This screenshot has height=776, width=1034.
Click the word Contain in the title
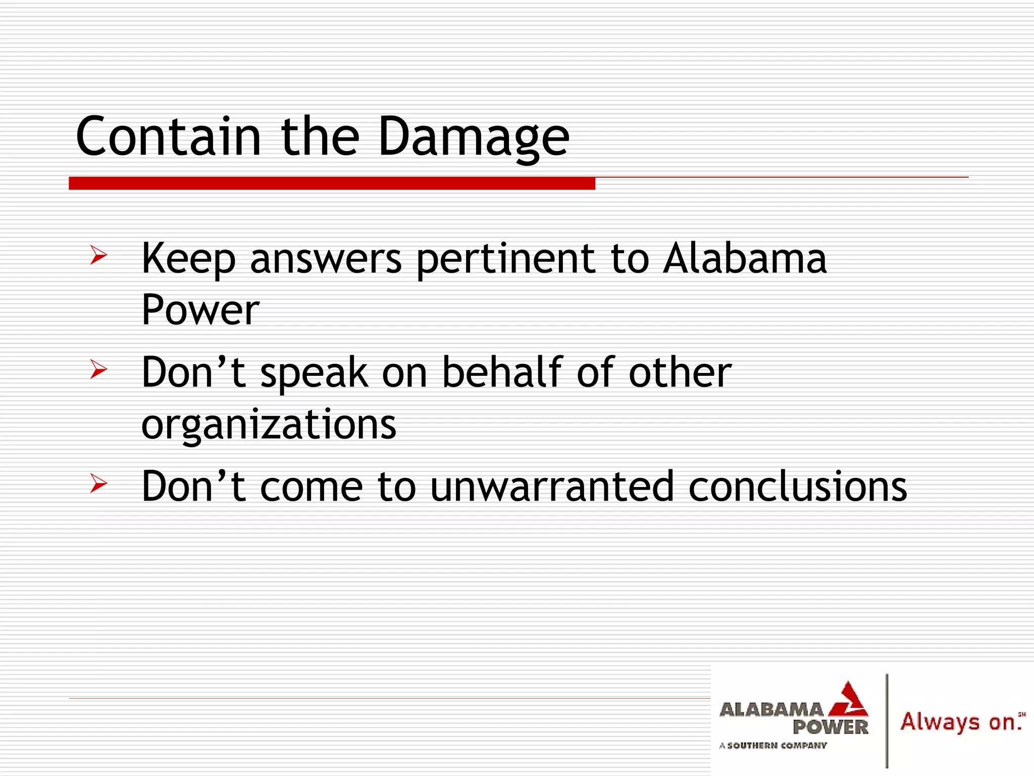coord(168,136)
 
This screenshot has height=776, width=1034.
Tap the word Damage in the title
coord(474,137)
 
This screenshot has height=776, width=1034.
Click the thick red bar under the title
coord(332,183)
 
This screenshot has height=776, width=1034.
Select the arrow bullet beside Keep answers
coord(98,255)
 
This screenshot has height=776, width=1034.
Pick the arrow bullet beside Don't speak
coord(98,369)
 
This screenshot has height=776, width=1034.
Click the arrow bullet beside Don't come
coord(98,483)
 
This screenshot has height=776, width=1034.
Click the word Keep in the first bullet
coord(188,259)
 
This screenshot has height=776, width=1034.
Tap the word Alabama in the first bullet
coord(745,258)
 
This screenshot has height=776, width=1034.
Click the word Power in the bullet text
coord(200,310)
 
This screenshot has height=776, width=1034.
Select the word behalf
coord(502,372)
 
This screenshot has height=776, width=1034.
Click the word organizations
coord(269,425)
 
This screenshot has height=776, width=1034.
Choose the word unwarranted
coord(552,487)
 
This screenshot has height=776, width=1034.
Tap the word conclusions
coord(797,487)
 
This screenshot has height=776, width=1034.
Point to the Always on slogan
coord(961,721)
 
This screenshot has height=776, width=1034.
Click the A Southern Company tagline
coord(773,745)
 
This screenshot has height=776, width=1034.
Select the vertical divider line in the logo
coord(887,720)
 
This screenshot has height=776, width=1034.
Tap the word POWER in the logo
coord(830,727)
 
